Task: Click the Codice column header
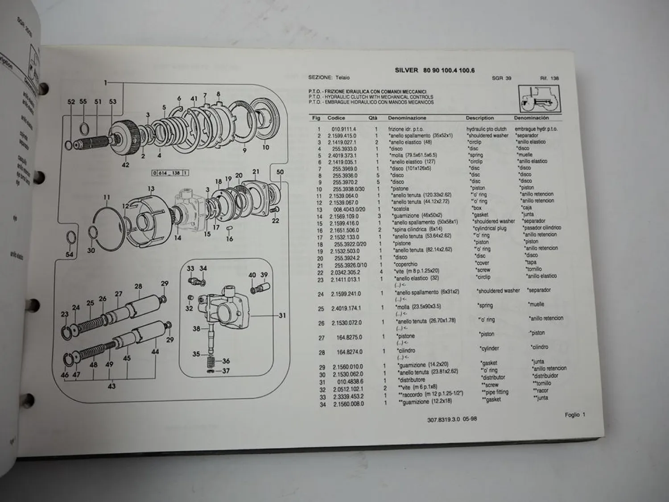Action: tap(336, 118)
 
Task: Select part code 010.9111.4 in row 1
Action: tap(344, 129)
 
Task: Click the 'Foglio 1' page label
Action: tap(574, 415)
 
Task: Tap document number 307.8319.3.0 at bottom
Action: tap(445, 419)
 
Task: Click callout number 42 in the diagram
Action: tap(125, 165)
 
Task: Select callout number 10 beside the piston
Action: tap(266, 147)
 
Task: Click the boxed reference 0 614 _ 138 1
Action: tap(170, 173)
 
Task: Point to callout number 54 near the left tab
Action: tap(69, 254)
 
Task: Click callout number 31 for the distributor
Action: tap(282, 315)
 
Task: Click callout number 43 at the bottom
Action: tap(111, 386)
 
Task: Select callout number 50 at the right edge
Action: tap(280, 172)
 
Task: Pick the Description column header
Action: tap(479, 118)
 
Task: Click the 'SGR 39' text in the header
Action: tap(501, 78)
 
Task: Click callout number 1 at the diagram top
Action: tap(106, 83)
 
